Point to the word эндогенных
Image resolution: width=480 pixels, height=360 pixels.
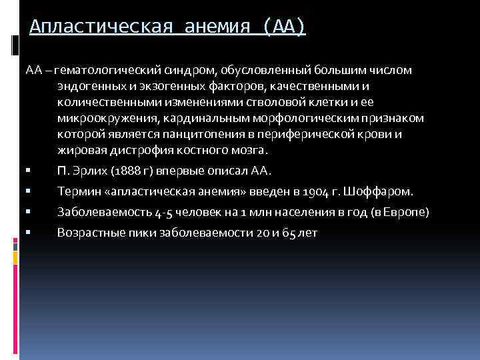click(85, 86)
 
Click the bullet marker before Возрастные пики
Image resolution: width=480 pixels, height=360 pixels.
click(29, 233)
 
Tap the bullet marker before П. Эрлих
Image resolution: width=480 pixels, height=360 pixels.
click(29, 171)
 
